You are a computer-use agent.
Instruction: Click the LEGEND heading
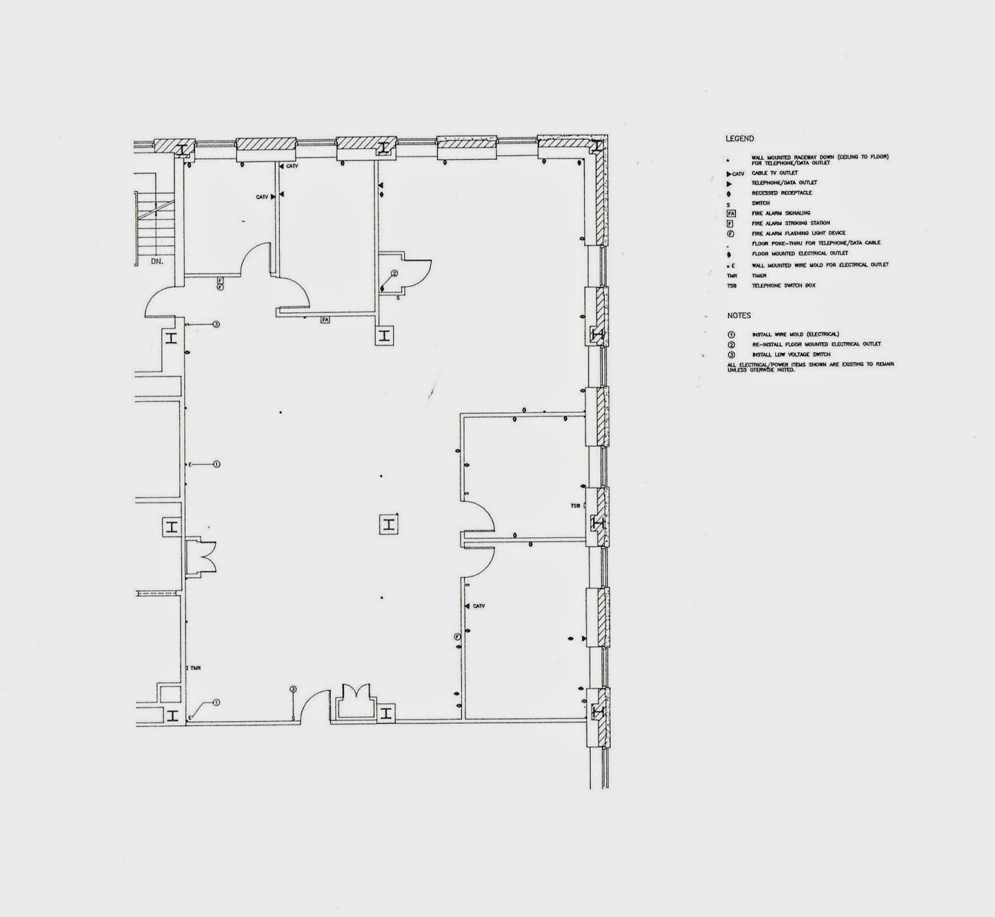point(739,139)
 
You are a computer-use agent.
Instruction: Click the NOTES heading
point(739,315)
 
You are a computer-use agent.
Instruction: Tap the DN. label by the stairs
point(157,262)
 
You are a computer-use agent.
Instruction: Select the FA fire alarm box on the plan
point(325,320)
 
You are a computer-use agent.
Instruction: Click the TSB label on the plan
point(575,505)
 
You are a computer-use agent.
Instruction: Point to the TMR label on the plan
point(196,668)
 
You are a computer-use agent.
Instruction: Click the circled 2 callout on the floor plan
point(394,274)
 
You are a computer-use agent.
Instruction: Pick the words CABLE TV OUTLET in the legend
point(774,173)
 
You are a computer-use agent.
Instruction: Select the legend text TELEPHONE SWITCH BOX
point(783,285)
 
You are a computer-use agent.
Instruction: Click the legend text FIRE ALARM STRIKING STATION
point(790,223)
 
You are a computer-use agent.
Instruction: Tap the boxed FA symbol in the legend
point(731,213)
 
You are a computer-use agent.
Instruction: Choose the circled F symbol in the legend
point(731,233)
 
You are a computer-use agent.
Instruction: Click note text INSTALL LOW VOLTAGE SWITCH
point(790,354)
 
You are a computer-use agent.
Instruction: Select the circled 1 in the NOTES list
point(731,334)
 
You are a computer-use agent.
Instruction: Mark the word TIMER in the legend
point(759,275)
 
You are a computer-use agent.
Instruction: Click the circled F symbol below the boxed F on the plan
point(220,287)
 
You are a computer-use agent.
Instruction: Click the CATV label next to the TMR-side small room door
point(478,606)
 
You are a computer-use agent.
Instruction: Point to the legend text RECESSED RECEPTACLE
point(782,193)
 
